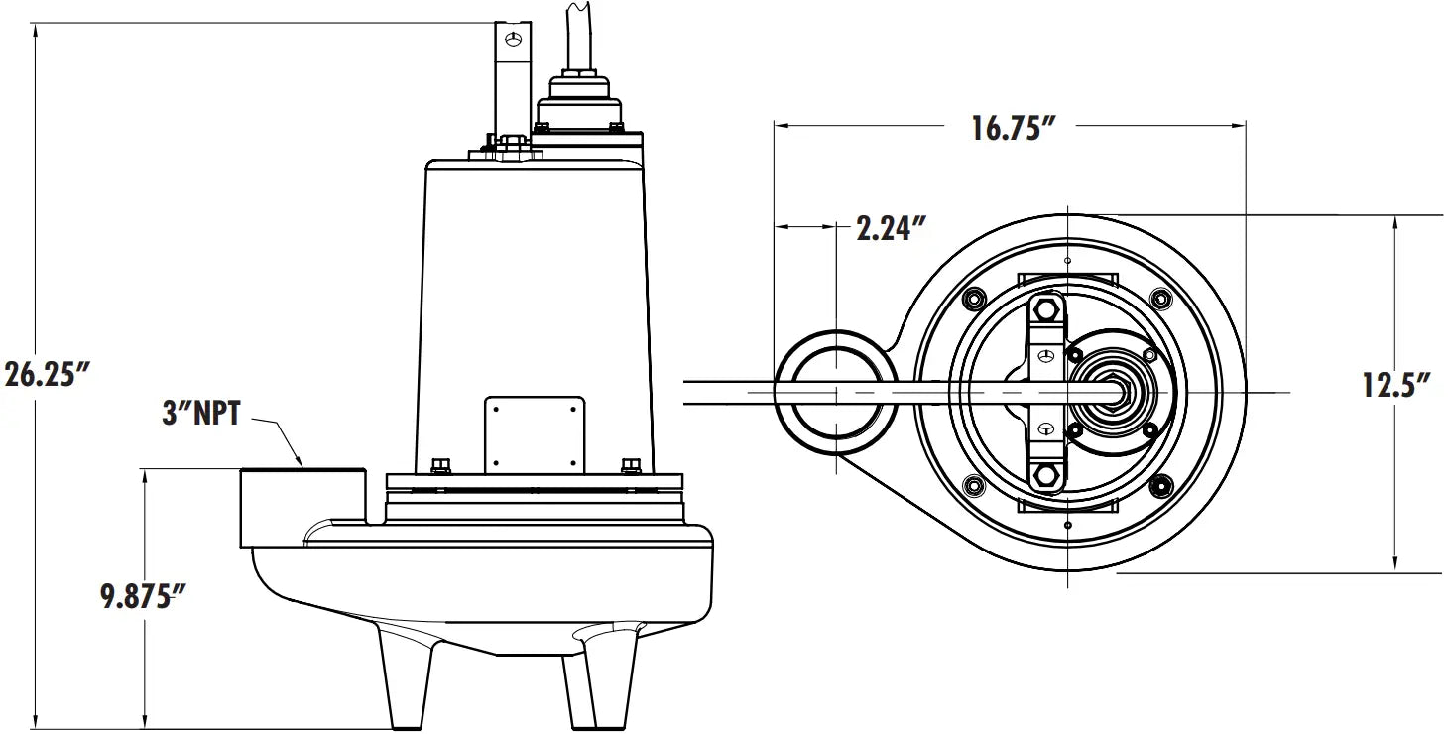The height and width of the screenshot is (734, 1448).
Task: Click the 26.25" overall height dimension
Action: tap(47, 374)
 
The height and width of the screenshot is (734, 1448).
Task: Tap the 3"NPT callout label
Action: tap(201, 413)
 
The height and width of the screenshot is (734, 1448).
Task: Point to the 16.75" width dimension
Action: tap(1010, 129)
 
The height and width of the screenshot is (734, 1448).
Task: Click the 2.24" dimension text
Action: tap(891, 229)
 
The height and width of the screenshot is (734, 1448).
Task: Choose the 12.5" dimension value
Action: tap(1394, 385)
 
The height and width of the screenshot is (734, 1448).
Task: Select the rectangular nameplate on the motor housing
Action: tap(535, 434)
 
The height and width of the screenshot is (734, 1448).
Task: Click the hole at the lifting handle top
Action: tap(513, 39)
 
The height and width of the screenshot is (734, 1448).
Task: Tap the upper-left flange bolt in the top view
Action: tap(974, 299)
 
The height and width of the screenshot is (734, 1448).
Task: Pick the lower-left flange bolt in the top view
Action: tap(974, 485)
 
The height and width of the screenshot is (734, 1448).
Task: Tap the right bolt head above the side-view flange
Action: tap(628, 465)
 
